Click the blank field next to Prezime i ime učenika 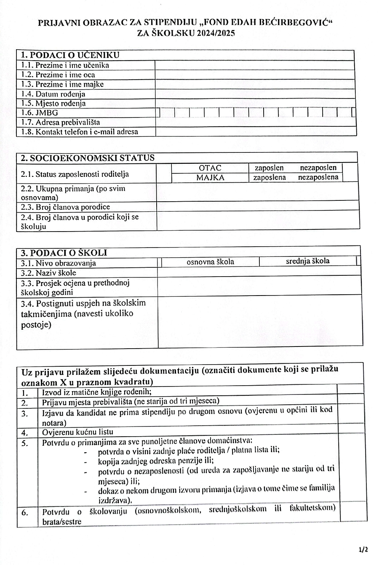pyautogui.click(x=254, y=65)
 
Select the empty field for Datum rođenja pyautogui.click(x=254, y=94)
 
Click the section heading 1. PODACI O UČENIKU pyautogui.click(x=70, y=55)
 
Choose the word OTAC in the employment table pyautogui.click(x=210, y=168)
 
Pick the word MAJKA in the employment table pyautogui.click(x=210, y=178)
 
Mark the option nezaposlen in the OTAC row pyautogui.click(x=318, y=168)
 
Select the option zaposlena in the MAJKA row pyautogui.click(x=270, y=178)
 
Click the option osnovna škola pyautogui.click(x=211, y=262)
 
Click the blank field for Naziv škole pyautogui.click(x=259, y=272)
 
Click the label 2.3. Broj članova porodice pyautogui.click(x=65, y=207)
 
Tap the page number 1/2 pyautogui.click(x=363, y=550)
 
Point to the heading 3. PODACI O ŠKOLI pyautogui.click(x=64, y=253)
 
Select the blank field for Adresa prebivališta pyautogui.click(x=254, y=123)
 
